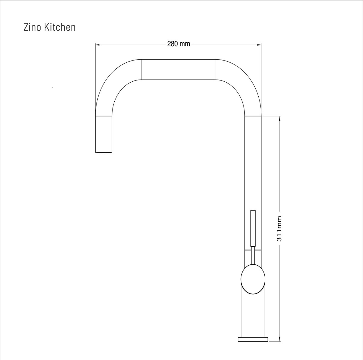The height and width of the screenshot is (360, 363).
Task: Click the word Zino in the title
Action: click(32, 27)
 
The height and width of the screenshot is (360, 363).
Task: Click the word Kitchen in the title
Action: click(60, 27)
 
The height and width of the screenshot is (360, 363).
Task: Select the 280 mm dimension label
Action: click(178, 44)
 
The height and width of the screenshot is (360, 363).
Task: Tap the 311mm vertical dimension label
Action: click(279, 229)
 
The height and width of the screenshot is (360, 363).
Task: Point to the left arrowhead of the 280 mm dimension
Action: click(97, 45)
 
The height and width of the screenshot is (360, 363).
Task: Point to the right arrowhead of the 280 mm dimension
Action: click(259, 45)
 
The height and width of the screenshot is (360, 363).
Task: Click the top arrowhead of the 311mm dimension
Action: click(280, 118)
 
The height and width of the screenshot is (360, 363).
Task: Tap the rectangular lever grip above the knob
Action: click(253, 228)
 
